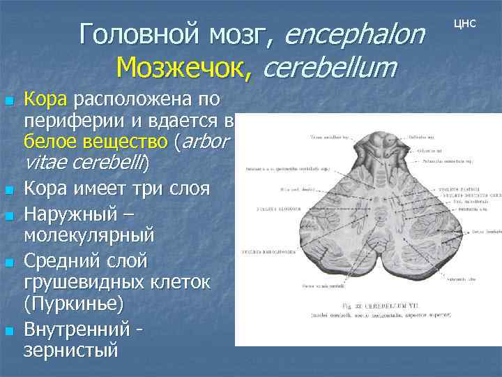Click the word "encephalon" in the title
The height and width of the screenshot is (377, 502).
click(x=354, y=34)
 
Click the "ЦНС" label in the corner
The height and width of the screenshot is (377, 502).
click(x=465, y=23)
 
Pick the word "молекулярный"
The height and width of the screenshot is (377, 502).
click(x=89, y=237)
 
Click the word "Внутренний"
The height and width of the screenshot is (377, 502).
click(x=77, y=327)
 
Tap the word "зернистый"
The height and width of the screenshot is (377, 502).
click(x=71, y=349)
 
